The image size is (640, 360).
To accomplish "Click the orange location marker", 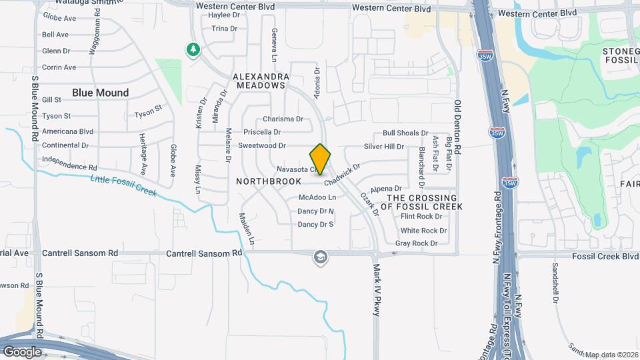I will (321, 159).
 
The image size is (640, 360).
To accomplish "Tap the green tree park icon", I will (193, 49).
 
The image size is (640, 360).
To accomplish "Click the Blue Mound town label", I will (100, 93).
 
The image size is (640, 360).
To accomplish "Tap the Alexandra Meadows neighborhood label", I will (261, 81).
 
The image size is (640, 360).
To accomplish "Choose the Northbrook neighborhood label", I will (265, 181).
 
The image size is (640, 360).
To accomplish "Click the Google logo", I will (22, 351).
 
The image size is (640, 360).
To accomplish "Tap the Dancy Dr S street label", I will (315, 225).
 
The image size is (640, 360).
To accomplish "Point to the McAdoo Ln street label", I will (317, 197).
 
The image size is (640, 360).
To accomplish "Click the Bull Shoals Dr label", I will (405, 133).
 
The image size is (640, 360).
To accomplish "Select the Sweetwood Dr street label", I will (262, 145).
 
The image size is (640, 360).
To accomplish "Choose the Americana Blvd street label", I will (67, 131).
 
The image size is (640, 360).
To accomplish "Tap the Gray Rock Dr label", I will (416, 243).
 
